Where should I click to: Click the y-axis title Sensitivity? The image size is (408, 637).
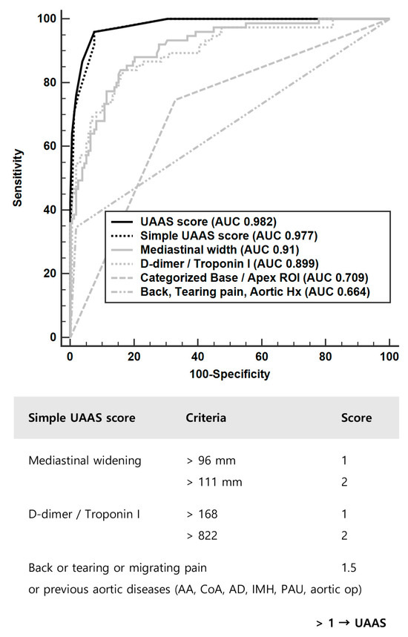(x=18, y=177)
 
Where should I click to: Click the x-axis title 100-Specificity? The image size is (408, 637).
(x=229, y=374)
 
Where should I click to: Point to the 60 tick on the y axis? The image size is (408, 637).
(x=50, y=146)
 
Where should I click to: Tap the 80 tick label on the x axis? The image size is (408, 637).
(x=325, y=357)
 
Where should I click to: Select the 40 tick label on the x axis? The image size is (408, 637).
(x=197, y=357)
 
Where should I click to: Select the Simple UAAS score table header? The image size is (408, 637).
(x=82, y=417)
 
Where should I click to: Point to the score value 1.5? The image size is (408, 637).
(x=349, y=569)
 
